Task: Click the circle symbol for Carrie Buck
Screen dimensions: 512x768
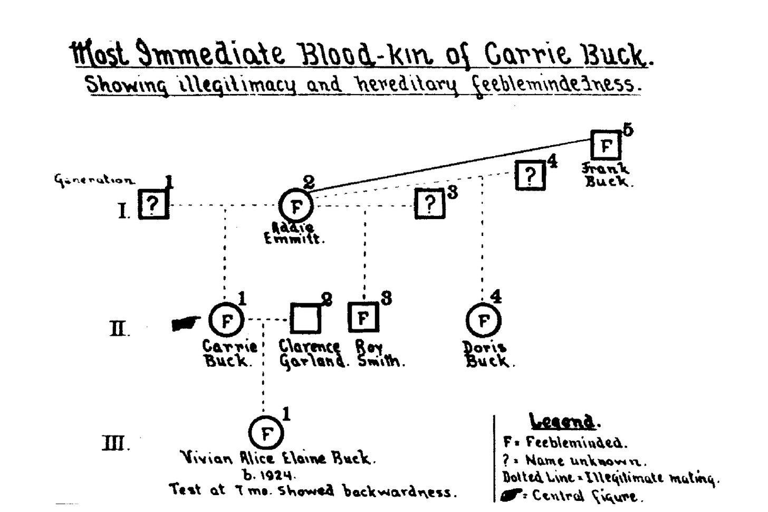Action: click(226, 320)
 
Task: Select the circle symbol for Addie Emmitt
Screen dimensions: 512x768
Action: click(295, 206)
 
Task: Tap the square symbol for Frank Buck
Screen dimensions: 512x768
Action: click(606, 145)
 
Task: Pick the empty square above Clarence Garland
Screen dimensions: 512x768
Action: click(305, 318)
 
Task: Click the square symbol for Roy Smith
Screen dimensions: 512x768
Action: click(363, 317)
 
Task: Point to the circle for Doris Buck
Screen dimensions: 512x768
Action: click(483, 320)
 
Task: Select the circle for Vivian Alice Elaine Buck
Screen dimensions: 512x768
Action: click(266, 433)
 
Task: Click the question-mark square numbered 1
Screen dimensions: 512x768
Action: click(153, 204)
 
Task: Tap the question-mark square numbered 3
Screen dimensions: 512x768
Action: click(430, 203)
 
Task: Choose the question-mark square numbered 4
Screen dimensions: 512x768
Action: click(530, 175)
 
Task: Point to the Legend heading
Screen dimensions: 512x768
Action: click(562, 422)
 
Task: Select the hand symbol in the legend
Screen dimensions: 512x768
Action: click(510, 496)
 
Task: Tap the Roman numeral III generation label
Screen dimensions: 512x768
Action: click(114, 443)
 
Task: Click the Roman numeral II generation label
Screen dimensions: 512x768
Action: click(119, 329)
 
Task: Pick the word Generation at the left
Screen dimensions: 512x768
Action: click(94, 180)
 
